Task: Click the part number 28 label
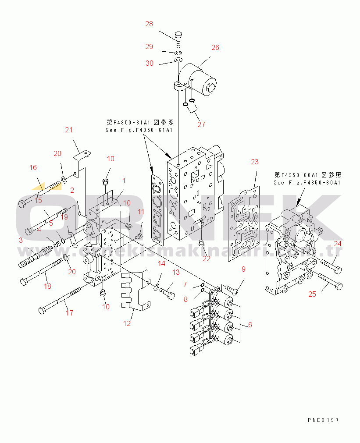(149, 24)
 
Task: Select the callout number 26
(215, 47)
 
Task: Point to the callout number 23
(255, 162)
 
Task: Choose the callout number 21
(68, 130)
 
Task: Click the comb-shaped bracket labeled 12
(135, 291)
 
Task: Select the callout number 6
(250, 325)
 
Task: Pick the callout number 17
(69, 313)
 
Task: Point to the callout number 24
(338, 244)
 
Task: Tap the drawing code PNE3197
(323, 420)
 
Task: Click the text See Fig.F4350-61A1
(139, 130)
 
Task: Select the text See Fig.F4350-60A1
(307, 182)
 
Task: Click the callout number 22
(206, 259)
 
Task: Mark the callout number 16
(33, 167)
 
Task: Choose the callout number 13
(175, 273)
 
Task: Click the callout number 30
(150, 63)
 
